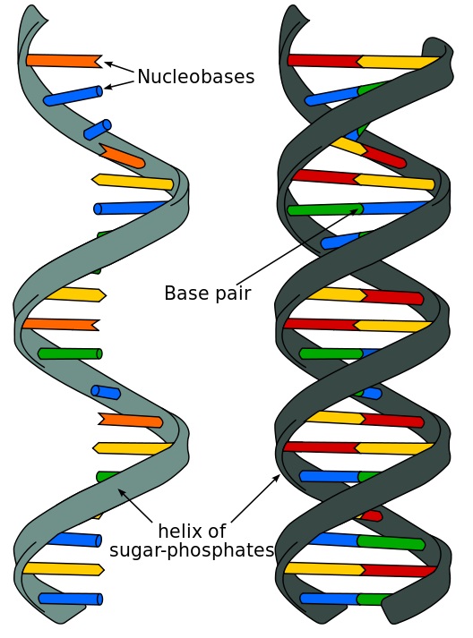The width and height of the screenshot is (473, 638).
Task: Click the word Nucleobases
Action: click(x=195, y=76)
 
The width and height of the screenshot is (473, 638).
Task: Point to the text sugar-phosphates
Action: click(x=192, y=550)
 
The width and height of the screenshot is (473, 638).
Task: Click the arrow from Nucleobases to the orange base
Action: click(x=119, y=67)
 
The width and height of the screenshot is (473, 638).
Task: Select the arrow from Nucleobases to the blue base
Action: click(x=119, y=84)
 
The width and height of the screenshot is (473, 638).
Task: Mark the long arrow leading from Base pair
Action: click(x=299, y=244)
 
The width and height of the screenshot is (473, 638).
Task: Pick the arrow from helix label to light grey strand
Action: click(x=135, y=506)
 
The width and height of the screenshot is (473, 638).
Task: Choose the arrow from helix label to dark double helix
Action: click(x=255, y=498)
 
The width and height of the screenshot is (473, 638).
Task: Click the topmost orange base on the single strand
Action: click(x=64, y=60)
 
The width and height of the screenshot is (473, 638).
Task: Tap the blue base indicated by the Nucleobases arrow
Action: click(x=73, y=96)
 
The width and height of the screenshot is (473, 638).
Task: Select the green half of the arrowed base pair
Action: click(x=325, y=209)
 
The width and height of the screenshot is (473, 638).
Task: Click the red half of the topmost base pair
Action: click(x=324, y=60)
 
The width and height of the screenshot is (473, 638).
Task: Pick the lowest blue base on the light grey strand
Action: click(x=70, y=598)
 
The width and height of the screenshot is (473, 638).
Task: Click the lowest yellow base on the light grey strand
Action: click(x=64, y=568)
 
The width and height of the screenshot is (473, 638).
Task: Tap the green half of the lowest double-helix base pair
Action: click(x=373, y=600)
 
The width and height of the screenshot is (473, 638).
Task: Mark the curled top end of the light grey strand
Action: click(x=35, y=14)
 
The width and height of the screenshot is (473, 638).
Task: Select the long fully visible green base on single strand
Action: click(x=70, y=353)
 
